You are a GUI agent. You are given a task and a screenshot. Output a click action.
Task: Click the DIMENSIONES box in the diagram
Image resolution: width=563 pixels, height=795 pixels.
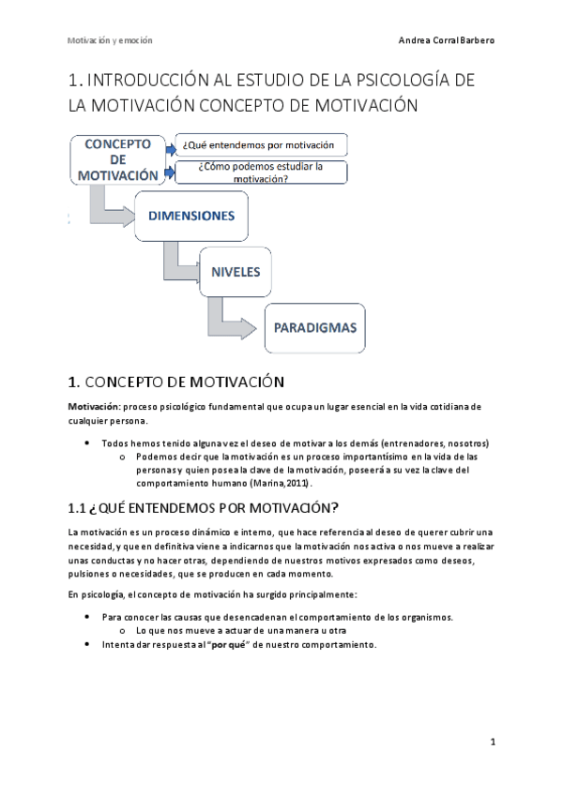191,217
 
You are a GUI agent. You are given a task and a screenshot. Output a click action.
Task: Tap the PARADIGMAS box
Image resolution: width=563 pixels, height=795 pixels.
314,328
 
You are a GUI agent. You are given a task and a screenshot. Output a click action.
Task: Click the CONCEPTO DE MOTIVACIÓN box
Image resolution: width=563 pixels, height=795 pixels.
118,159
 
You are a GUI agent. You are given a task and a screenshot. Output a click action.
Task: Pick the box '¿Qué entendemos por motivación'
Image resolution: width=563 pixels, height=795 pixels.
261,144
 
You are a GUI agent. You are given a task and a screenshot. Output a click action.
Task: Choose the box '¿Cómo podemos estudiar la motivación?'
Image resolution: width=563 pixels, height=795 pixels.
261,172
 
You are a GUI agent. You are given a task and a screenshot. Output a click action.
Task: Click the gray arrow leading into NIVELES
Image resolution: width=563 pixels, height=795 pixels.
177,265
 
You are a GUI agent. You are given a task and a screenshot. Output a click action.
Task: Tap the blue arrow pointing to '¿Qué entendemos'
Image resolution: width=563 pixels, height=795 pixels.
169,146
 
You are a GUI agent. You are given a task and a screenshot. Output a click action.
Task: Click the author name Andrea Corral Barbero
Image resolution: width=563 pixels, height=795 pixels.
447,41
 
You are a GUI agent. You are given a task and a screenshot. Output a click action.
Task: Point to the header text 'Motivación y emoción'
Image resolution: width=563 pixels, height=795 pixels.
110,41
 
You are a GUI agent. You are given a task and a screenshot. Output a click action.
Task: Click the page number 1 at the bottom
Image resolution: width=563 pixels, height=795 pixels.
493,742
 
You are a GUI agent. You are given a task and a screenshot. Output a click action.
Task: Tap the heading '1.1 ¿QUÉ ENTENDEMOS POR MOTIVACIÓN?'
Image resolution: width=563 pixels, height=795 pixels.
204,508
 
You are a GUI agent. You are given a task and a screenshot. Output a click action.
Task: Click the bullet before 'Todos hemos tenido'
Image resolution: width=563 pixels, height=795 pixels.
87,442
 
